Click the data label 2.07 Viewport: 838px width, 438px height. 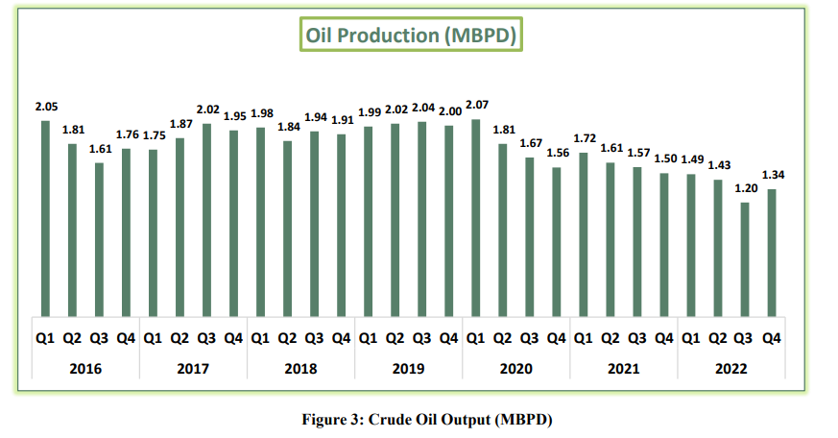click(477, 103)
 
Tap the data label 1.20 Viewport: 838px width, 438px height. click(746, 187)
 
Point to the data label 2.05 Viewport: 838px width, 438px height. click(45, 105)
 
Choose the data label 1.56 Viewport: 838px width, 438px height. click(558, 152)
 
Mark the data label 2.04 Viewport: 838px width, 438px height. click(423, 108)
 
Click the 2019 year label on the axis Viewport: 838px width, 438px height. click(408, 368)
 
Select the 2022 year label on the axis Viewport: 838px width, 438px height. click(730, 368)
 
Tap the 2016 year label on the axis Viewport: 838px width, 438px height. click(85, 368)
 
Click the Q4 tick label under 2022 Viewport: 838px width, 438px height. click(771, 338)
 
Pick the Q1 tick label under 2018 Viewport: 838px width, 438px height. click(260, 338)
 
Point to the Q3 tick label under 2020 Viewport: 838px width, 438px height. click(529, 338)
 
